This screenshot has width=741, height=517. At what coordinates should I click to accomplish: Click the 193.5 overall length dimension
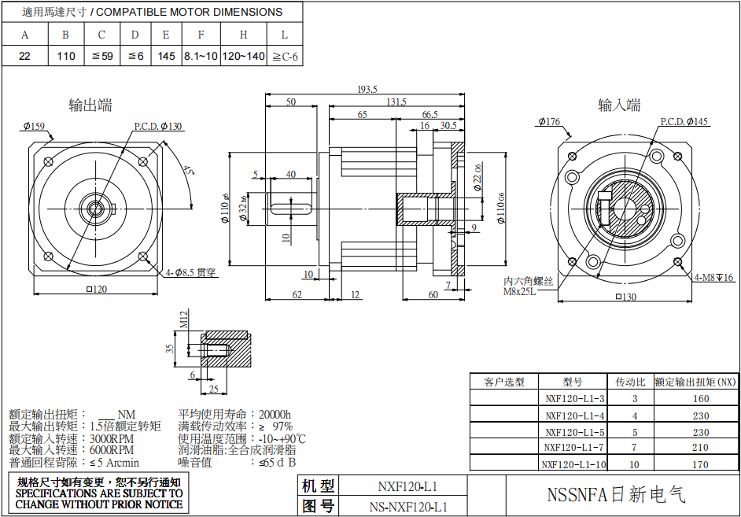pos(367,89)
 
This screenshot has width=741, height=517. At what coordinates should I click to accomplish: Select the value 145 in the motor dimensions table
pos(166,56)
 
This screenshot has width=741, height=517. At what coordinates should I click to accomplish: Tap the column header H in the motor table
pos(243,35)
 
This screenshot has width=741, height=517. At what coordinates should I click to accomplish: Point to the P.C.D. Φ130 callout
pos(157,126)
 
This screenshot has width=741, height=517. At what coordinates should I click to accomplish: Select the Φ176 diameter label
pos(549,121)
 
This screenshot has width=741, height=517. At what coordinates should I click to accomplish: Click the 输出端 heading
pos(90,105)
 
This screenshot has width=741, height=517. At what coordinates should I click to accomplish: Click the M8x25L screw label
pos(519,291)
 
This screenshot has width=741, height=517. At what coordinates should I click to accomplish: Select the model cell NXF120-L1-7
pos(575,448)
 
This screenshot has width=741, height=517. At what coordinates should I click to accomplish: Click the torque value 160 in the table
pos(700,398)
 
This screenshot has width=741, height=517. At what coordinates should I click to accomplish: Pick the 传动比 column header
pos(630,382)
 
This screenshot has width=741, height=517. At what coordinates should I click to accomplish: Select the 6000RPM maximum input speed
pos(112,450)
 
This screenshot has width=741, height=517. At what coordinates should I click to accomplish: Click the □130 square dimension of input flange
pos(626,297)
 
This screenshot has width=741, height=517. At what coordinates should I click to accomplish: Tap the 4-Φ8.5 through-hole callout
pos(190,273)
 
